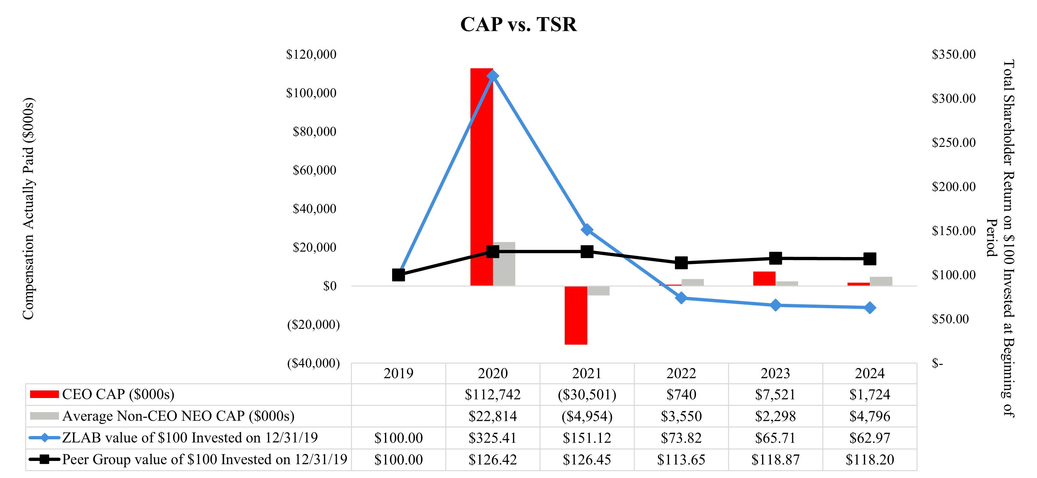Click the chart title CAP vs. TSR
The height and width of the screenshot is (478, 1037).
coord(518,25)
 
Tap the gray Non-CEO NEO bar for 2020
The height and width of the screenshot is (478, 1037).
coord(504,264)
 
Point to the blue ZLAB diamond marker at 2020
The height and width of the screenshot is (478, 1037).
coord(493,76)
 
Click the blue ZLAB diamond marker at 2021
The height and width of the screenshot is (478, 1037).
coord(587,230)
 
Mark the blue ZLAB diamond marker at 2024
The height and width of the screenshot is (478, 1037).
coord(869,308)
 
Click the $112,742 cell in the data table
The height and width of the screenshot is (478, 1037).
coord(493,394)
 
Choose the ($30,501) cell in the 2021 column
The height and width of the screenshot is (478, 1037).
coord(587,394)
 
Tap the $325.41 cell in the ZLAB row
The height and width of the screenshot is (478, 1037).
coord(493,438)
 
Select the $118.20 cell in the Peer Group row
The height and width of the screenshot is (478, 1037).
coord(869,459)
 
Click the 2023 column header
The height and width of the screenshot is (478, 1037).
coord(775,373)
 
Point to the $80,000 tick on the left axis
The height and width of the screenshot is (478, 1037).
coord(314,131)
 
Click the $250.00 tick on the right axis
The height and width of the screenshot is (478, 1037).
coord(953,142)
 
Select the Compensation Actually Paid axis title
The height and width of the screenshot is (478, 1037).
coord(28,209)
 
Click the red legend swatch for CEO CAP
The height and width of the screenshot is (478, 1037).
coord(44,394)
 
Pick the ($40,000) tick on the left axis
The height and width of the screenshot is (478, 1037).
coord(313,363)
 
